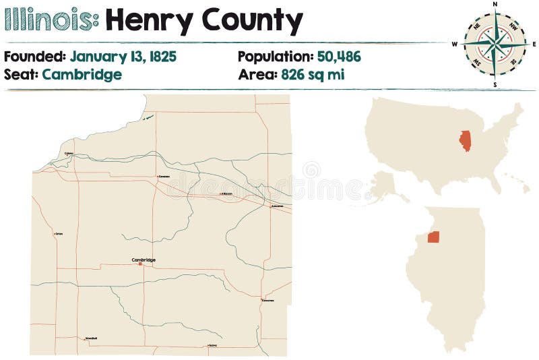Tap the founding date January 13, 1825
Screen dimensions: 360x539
tap(123, 57)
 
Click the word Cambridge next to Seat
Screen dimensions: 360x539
tap(82, 74)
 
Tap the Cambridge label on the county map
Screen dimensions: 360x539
tap(144, 260)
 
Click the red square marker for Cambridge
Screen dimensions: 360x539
tap(140, 264)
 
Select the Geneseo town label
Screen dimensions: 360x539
tap(164, 177)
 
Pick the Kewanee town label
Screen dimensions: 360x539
tap(269, 300)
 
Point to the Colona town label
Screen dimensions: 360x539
tap(69, 154)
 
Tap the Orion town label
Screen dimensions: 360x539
tap(59, 235)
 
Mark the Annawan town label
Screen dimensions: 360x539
tap(277, 205)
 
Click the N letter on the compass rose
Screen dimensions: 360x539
tap(495, 4)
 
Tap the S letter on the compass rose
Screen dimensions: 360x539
tap(495, 85)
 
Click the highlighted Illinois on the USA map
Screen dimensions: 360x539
tap(465, 140)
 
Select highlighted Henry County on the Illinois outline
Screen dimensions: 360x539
tap(433, 237)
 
